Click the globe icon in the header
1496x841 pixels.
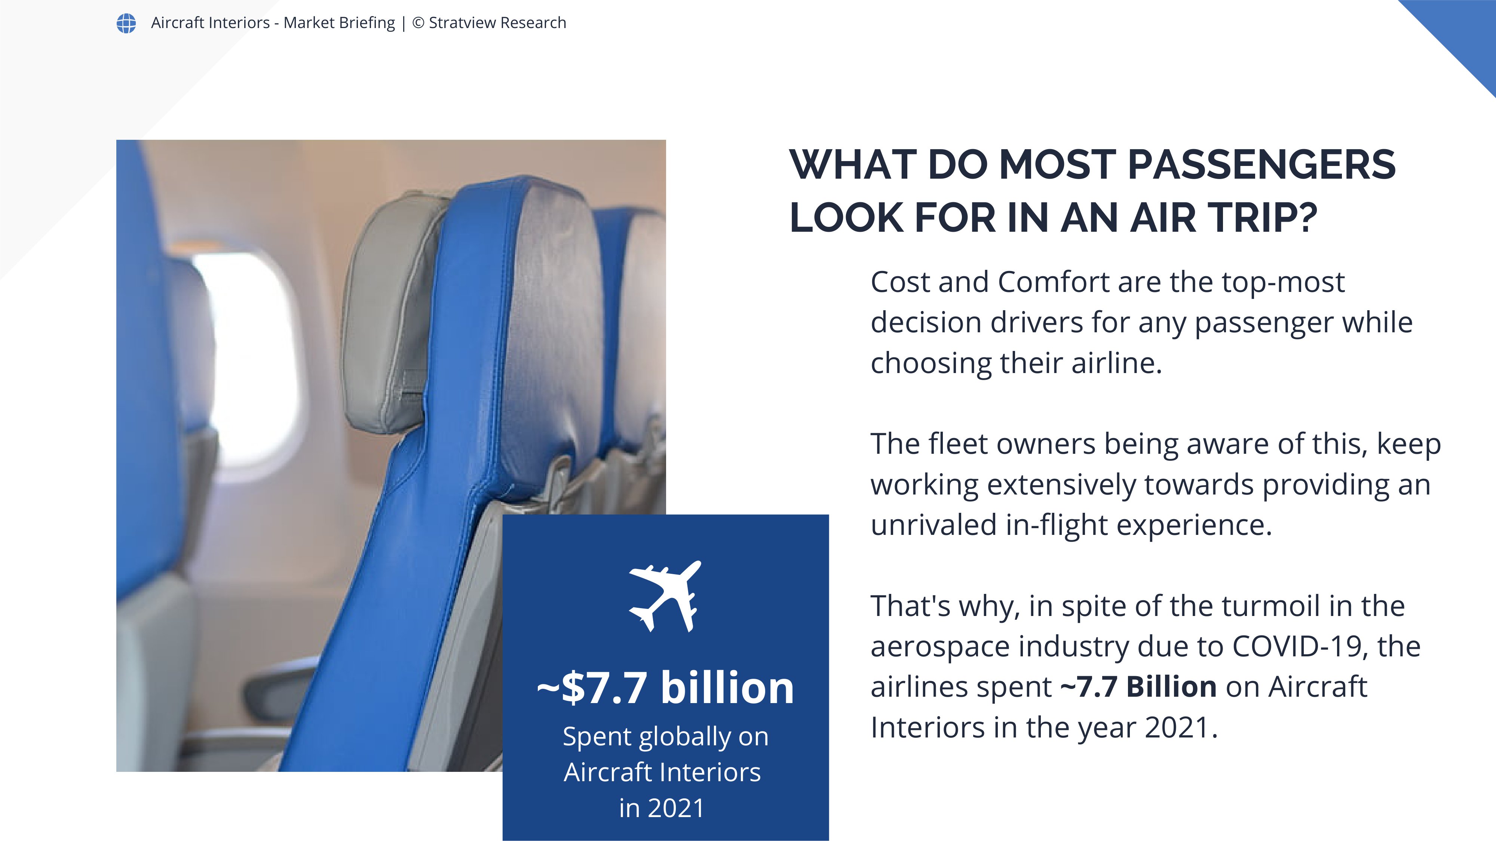click(126, 23)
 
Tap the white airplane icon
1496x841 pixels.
click(665, 596)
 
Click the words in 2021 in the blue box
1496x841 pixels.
click(662, 808)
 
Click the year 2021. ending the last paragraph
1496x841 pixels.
click(1181, 727)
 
